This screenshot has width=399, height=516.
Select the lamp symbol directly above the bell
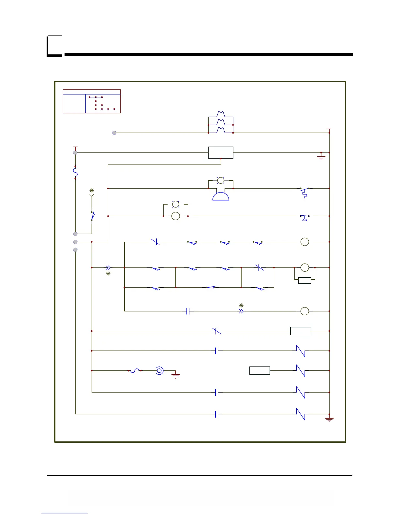tap(221, 180)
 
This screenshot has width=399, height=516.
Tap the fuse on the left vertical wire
tap(75, 172)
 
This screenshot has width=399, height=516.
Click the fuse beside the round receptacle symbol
tap(135, 370)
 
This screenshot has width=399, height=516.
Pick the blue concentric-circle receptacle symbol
tap(159, 370)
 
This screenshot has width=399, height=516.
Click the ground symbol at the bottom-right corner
tap(329, 420)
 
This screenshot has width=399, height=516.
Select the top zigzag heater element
tap(221, 114)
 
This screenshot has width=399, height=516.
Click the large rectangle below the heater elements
tap(221, 152)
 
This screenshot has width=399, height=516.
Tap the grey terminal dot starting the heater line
tap(114, 133)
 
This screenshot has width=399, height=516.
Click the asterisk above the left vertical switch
tap(92, 190)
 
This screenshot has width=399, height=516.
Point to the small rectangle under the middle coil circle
tap(304, 280)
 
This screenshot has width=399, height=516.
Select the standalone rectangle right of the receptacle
tap(260, 371)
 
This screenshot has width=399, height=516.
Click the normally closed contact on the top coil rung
tap(155, 242)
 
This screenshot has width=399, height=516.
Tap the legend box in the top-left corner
tap(92, 101)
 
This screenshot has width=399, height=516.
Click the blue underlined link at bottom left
tap(65, 513)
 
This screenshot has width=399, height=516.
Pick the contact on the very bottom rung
tap(216, 414)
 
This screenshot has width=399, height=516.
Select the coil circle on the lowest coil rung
tap(304, 311)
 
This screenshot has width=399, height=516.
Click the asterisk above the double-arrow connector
tap(241, 306)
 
